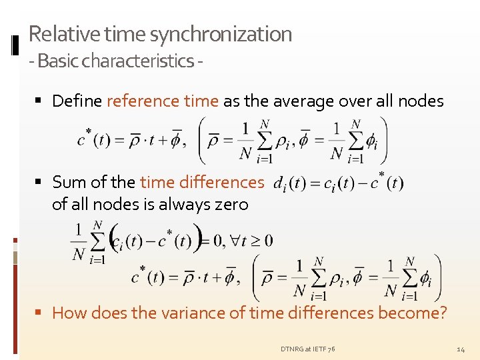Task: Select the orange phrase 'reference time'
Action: coord(163,101)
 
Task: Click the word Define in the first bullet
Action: coord(77,101)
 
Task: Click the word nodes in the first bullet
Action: coord(420,101)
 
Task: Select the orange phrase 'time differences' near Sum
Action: coord(202,182)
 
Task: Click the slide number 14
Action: coord(461,349)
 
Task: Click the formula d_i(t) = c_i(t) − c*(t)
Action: coord(339,183)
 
